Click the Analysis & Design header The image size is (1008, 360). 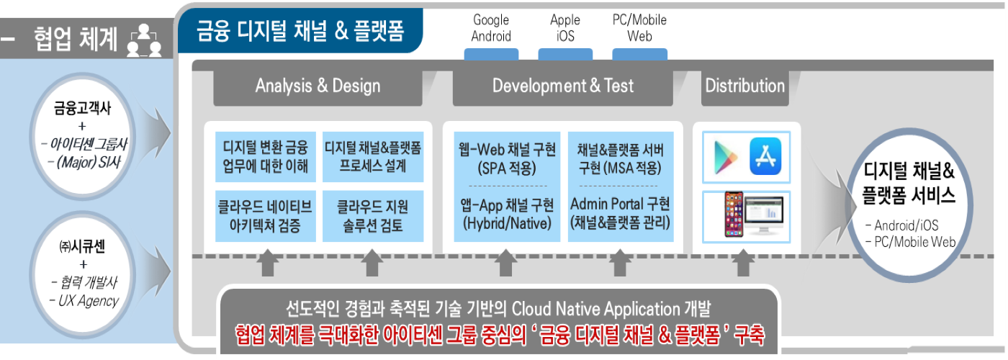click(318, 86)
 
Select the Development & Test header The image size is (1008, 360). click(562, 86)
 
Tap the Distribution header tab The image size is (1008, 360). click(744, 86)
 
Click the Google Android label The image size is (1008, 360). click(491, 28)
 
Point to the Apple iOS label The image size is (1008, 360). click(565, 28)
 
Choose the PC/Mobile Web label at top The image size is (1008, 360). click(639, 28)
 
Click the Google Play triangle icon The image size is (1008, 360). click(726, 158)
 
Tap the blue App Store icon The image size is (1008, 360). click(765, 156)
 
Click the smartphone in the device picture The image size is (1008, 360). click(734, 215)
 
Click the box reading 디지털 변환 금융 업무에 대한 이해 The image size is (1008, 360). click(266, 157)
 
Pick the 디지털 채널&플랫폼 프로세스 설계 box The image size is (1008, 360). click(373, 157)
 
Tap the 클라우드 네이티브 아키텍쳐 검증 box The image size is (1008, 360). click(266, 216)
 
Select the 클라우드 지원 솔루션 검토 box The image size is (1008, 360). click(373, 216)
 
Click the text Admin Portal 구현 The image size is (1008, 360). click(620, 204)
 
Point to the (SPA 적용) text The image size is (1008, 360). click(507, 168)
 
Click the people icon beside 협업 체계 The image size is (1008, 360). click(144, 40)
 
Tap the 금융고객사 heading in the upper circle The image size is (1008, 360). click(82, 108)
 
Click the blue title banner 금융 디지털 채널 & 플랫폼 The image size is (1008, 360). click(300, 30)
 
